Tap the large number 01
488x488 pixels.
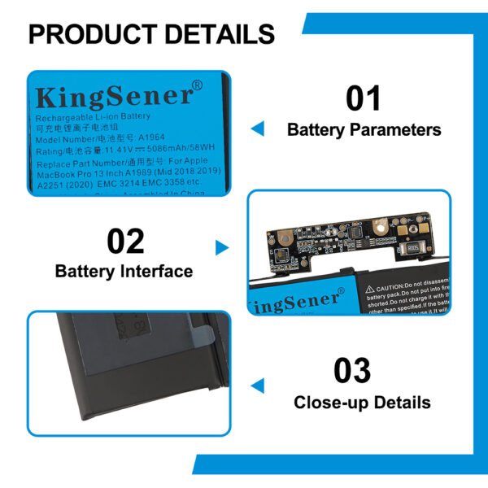tap(364, 98)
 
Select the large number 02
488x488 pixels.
tap(125, 242)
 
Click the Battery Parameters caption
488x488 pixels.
tap(364, 129)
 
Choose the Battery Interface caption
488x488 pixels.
tap(124, 271)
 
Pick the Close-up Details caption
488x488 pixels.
tap(362, 402)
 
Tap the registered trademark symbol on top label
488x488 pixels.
tap(196, 85)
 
